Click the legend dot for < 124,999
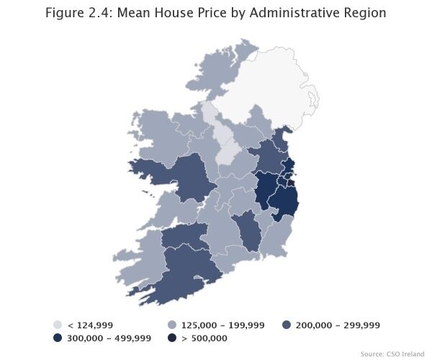[58, 325]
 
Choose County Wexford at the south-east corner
[274, 238]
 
